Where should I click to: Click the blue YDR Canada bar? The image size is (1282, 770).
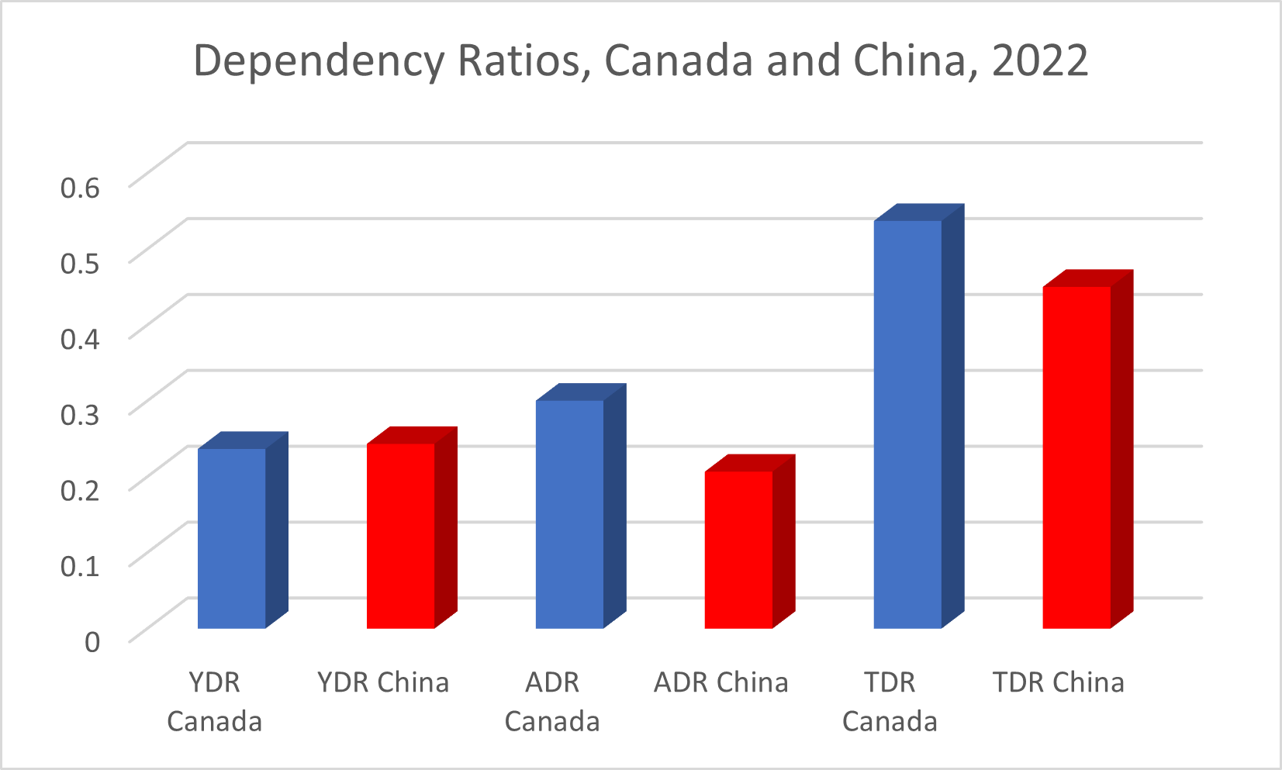(232, 538)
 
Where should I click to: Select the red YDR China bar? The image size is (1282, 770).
(400, 535)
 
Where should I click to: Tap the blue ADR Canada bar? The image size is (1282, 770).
(569, 513)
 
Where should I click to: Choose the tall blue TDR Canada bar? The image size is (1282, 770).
(907, 424)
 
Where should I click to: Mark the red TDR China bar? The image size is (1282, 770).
(1076, 457)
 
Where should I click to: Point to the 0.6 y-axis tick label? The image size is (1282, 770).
(81, 187)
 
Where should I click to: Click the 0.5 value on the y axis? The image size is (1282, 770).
(81, 262)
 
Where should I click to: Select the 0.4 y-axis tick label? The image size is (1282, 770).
(81, 338)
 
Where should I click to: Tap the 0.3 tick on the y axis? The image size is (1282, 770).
(81, 413)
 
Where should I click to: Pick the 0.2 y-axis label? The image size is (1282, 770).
(81, 489)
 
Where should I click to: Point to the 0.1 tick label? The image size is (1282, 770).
(81, 565)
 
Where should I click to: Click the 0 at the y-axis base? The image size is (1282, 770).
(92, 641)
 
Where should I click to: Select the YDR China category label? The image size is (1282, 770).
(383, 682)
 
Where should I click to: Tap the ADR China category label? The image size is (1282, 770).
(721, 682)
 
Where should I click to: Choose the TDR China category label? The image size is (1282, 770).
(1059, 682)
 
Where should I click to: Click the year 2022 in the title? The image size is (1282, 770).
(1040, 60)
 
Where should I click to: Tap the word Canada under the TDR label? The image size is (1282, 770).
(890, 722)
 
